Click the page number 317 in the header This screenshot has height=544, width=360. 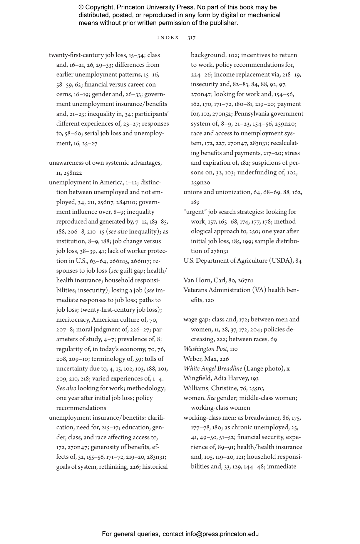point(191,38)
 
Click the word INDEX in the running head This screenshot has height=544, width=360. point(168,38)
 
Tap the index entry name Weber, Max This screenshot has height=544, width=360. point(198,359)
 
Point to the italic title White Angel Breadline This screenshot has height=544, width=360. point(213,369)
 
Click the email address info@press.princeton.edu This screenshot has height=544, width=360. point(222,534)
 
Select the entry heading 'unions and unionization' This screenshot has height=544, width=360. point(217,192)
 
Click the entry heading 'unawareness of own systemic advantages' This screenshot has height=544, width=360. point(105,163)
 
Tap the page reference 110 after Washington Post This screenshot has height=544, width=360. point(234,349)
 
